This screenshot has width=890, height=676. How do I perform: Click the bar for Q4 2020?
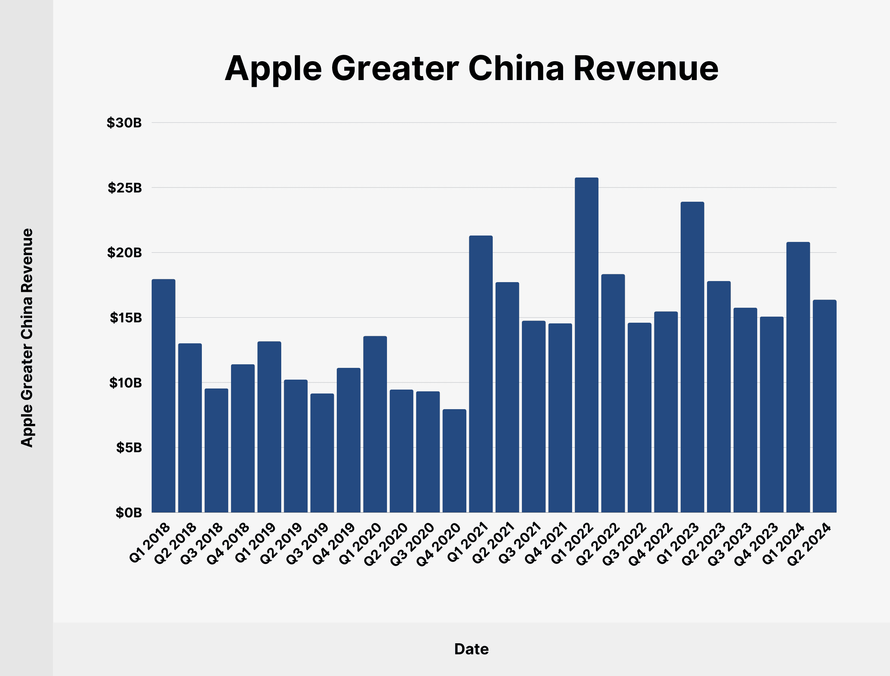454,461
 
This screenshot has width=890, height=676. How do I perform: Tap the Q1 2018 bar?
163,396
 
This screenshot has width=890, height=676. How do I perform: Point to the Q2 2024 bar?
824,406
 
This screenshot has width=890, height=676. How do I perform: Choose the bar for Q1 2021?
481,374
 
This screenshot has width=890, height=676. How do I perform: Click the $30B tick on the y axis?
124,123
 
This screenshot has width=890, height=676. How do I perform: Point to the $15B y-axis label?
126,318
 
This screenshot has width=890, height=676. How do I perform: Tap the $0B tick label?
129,513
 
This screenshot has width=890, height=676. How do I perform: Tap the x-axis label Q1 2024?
783,543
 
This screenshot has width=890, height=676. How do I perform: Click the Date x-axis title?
471,649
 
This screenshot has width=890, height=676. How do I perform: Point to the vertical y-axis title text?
27,338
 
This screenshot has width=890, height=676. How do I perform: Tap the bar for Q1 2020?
375,424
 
